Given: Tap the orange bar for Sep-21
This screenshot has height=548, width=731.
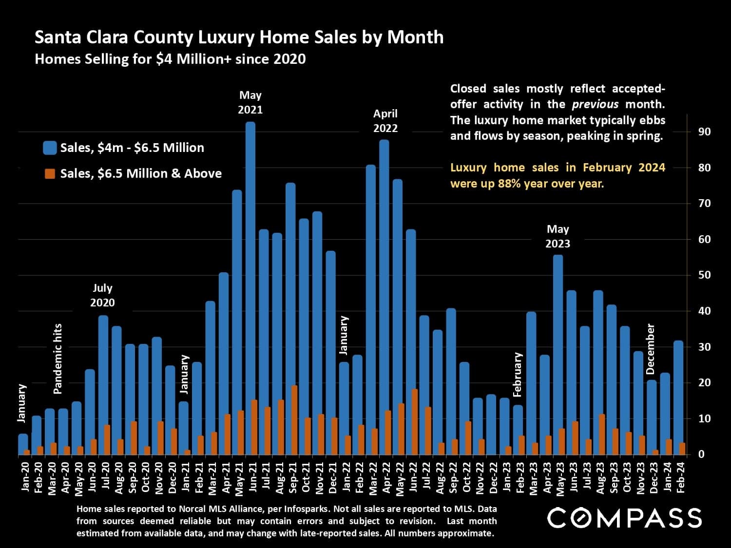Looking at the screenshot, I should click(x=294, y=420).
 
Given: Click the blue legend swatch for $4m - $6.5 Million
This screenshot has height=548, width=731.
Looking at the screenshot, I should click(x=50, y=148).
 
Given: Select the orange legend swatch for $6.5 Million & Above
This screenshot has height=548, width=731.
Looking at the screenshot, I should click(x=50, y=174).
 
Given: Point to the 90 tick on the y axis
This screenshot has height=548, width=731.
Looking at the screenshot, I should click(x=704, y=132).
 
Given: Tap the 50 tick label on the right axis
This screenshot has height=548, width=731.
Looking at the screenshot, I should click(x=704, y=275).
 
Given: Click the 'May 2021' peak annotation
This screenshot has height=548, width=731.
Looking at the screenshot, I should click(x=250, y=102).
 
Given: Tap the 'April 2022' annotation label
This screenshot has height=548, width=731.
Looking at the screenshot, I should click(x=385, y=121).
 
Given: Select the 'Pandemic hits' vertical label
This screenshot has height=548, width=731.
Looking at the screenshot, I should click(x=58, y=359).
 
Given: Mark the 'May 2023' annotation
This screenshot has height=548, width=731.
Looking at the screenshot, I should click(x=558, y=236).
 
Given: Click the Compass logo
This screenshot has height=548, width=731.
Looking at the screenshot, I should click(x=624, y=518).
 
